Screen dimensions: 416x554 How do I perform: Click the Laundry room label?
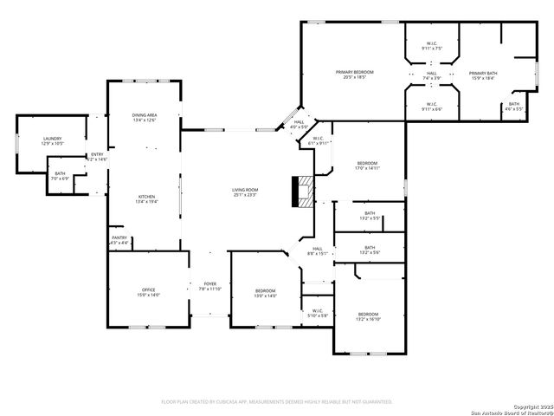pos(53,140)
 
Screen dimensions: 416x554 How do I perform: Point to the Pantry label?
pos(119,240)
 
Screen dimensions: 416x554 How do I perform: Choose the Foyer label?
pos(210,286)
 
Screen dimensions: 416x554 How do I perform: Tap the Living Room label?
pos(245,192)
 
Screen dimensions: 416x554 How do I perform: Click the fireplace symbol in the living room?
pos(303,192)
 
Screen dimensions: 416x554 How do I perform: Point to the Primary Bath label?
pos(483,75)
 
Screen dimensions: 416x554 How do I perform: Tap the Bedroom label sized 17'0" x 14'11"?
pos(368,166)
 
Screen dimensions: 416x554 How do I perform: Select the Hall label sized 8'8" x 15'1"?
pos(318,251)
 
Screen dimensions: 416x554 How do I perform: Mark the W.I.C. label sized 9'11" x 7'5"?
pos(432,46)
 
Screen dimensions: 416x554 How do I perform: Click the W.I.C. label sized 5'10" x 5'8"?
pos(317,313)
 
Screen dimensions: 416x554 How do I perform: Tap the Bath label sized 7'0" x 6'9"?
pos(60,176)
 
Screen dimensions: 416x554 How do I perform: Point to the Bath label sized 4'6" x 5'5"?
pos(514,107)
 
